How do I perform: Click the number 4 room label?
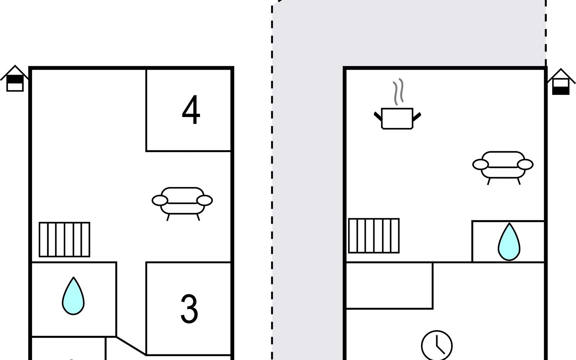coord(191,110)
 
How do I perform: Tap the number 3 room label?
coord(189,309)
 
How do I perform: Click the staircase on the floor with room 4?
coord(64,239)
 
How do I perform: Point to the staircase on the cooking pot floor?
coord(374,236)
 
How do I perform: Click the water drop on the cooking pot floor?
coord(509,242)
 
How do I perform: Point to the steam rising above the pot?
coord(398,92)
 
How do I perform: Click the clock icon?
coord(437,346)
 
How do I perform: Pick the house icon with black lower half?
coord(561,82)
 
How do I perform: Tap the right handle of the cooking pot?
coord(417,117)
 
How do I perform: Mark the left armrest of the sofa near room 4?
coord(160,200)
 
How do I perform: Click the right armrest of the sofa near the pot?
coord(525,164)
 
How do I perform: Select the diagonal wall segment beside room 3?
coord(131,346)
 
